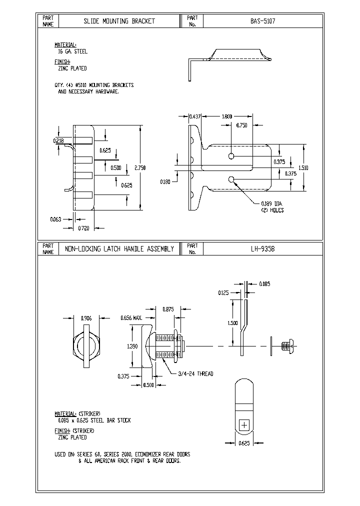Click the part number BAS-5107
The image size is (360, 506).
coord(263,21)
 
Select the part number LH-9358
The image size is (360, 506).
coord(263,248)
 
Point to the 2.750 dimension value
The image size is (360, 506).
coord(139,168)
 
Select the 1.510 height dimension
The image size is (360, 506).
coord(303,168)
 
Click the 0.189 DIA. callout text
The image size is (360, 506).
coord(271,203)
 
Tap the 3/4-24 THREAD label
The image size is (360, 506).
coord(196,374)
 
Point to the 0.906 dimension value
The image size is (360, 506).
coord(87,317)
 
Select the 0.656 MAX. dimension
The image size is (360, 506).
coord(131,317)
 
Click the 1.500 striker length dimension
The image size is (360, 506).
coord(232,323)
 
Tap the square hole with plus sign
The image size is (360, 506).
coord(244,425)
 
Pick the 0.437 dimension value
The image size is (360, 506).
coord(194,116)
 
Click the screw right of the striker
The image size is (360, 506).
coord(287,345)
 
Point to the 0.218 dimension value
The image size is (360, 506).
coord(58,141)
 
